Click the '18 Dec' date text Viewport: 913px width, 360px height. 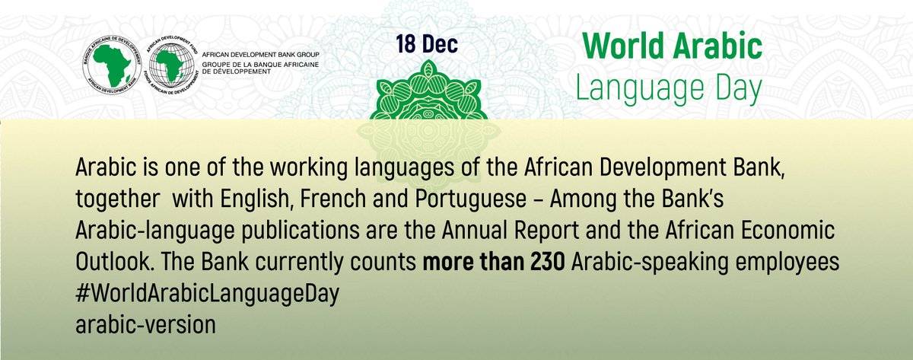click(426, 44)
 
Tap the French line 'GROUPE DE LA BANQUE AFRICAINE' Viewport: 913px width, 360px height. click(266, 66)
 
